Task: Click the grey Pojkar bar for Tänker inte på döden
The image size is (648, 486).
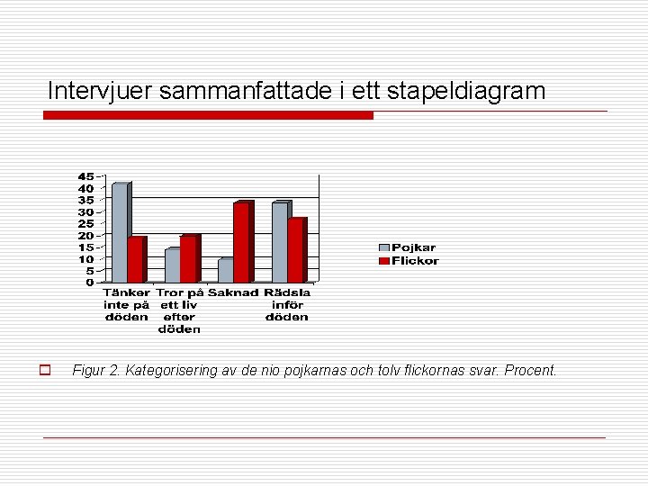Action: point(119,234)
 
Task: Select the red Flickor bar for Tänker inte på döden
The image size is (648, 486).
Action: point(135,261)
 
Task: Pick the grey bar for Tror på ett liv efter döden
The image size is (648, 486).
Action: point(172,266)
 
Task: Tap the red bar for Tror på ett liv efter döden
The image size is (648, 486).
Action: point(188,260)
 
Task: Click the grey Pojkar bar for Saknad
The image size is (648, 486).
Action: point(225,271)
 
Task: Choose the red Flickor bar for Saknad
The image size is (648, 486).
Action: point(241,243)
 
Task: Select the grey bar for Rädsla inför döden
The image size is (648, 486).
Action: point(279,243)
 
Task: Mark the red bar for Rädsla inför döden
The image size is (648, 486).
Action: point(295,251)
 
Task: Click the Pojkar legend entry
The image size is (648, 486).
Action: point(407,247)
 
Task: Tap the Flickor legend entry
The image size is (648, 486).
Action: point(409,261)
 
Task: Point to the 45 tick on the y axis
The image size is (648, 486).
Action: point(85,176)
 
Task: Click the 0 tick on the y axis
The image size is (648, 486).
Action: point(89,283)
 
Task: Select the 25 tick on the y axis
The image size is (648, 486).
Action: point(85,224)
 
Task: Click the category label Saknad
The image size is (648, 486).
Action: point(233,292)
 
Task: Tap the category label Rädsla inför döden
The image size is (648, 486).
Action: point(287,304)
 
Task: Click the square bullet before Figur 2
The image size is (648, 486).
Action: point(42,370)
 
